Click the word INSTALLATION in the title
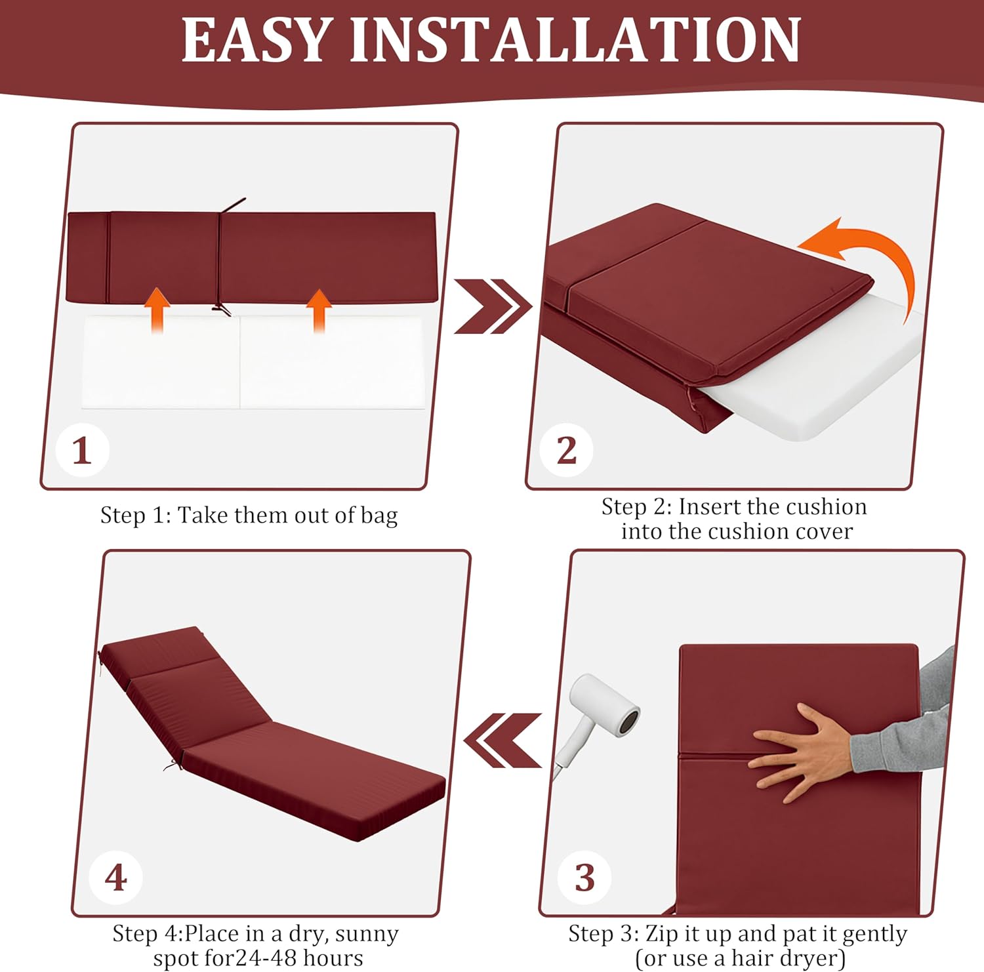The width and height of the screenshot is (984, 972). point(575,41)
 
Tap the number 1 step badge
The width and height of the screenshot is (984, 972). point(82,451)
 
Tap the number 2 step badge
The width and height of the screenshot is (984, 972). point(566,451)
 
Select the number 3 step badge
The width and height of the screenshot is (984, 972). point(584,878)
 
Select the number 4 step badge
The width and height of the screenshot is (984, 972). point(116,878)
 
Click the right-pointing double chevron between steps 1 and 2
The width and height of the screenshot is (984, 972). point(492,306)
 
